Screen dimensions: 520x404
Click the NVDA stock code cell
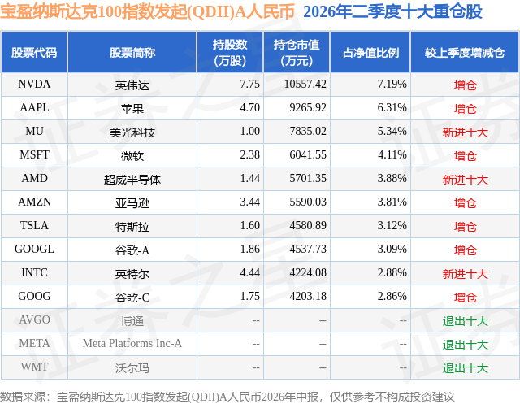pyautogui.click(x=34, y=85)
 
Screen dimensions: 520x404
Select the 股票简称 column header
pyautogui.click(x=132, y=52)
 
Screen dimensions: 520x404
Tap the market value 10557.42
pyautogui.click(x=305, y=85)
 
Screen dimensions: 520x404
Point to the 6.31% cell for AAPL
pyautogui.click(x=392, y=108)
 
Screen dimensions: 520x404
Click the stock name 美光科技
pyautogui.click(x=132, y=132)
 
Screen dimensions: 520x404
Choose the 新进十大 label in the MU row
pyautogui.click(x=465, y=132)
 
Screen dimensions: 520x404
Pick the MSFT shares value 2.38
pyautogui.click(x=249, y=155)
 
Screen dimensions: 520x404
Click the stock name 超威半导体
pyautogui.click(x=132, y=179)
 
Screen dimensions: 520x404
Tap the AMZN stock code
pyautogui.click(x=34, y=202)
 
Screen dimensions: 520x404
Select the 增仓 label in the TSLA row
pyautogui.click(x=465, y=226)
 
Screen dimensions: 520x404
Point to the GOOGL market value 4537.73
pyautogui.click(x=308, y=249)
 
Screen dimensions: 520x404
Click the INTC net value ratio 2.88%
pyautogui.click(x=392, y=272)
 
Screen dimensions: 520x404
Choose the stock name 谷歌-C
pyautogui.click(x=132, y=297)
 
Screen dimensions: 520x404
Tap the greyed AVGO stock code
pyautogui.click(x=34, y=319)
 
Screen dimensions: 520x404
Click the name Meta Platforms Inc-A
pyautogui.click(x=132, y=343)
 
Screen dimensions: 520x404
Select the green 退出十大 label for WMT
pyautogui.click(x=465, y=367)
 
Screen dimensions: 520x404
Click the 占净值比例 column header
pyautogui.click(x=370, y=52)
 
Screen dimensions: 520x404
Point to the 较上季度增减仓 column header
pyautogui.click(x=465, y=52)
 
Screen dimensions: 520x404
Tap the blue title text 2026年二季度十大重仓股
pyautogui.click(x=392, y=11)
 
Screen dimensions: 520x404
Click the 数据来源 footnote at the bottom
pyautogui.click(x=227, y=397)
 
